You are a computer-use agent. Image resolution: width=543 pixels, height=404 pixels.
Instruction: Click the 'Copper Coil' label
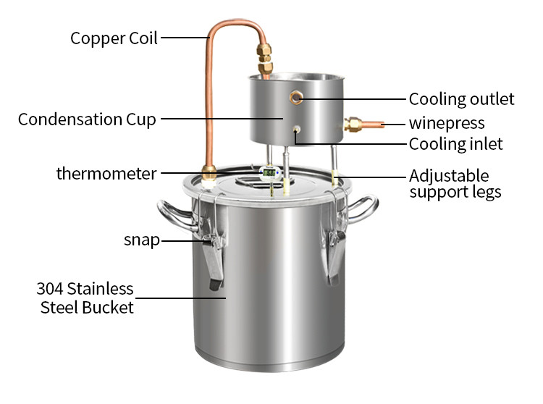coord(114,38)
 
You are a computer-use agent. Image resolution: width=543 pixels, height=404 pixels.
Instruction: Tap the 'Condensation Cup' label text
coord(87,119)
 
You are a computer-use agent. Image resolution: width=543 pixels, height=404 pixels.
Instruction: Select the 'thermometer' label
coord(106,174)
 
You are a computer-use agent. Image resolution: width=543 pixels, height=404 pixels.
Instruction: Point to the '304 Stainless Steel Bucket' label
coord(85,298)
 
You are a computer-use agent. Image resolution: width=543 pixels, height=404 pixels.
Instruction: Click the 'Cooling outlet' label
coord(461,99)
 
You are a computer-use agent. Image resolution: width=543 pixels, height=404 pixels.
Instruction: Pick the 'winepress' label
coord(447,123)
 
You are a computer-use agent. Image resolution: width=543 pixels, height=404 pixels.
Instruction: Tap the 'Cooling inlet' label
coord(455,144)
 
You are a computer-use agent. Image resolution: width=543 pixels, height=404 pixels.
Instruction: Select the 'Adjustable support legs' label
coord(455,184)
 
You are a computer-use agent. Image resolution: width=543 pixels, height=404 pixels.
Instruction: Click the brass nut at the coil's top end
coord(265,56)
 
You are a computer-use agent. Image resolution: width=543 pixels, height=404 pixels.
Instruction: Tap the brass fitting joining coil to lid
coord(210,173)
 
